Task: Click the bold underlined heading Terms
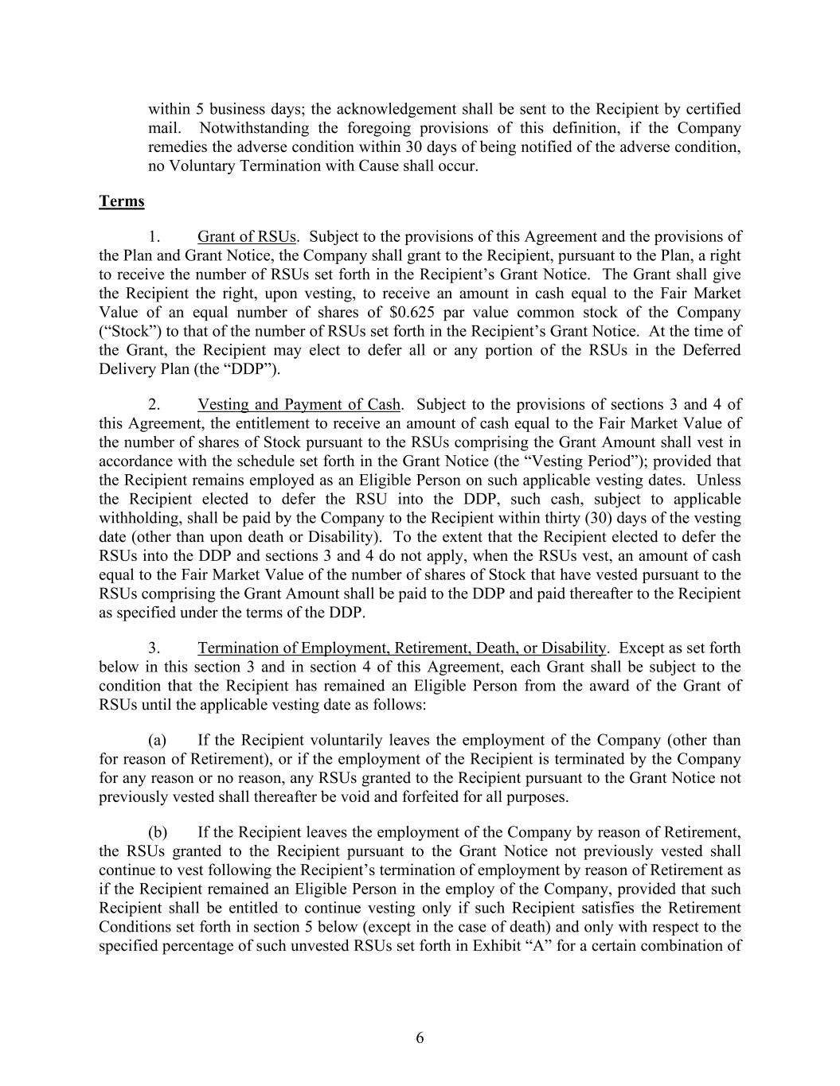click(121, 201)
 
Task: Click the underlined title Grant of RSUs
click(248, 236)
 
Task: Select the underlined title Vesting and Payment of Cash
click(299, 405)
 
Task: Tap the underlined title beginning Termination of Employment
click(402, 648)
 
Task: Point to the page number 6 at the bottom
click(420, 1037)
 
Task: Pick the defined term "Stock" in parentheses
click(129, 332)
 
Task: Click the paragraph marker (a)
click(158, 741)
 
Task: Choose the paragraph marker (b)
click(158, 833)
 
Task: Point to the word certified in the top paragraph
click(714, 109)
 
